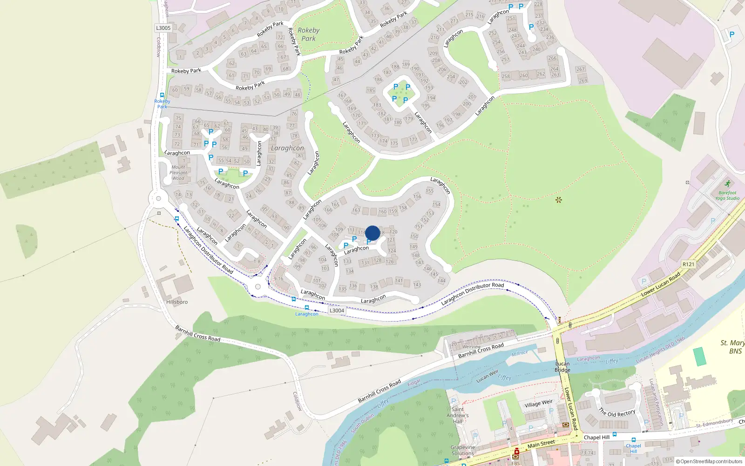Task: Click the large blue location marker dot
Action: (372, 233)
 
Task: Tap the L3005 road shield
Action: (163, 28)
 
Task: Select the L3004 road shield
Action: (337, 310)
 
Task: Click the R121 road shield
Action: (688, 264)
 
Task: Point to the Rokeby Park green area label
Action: (308, 34)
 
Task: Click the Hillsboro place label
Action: (177, 302)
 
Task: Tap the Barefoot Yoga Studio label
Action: (727, 195)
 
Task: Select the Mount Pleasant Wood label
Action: (178, 172)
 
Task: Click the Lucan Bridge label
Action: (562, 367)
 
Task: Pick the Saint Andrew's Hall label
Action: (458, 415)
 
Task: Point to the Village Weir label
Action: (539, 404)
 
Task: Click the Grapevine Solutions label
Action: (463, 450)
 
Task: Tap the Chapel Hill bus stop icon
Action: (634, 440)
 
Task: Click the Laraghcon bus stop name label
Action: (307, 314)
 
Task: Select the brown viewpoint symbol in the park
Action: (559, 200)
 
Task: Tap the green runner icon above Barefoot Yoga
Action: (728, 184)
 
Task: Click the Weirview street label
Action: (471, 347)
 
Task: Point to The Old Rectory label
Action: (617, 413)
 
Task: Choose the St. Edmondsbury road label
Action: (714, 423)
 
